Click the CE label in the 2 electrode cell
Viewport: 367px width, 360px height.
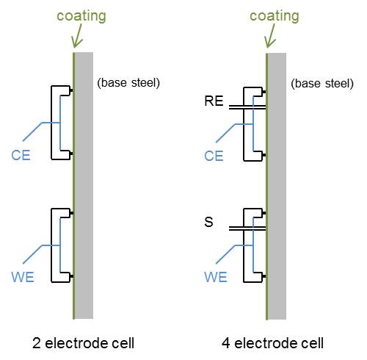(21, 155)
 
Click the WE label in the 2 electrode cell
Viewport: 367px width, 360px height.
(23, 277)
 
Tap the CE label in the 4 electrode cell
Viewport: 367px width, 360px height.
(214, 156)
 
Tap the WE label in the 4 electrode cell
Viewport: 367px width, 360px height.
(216, 277)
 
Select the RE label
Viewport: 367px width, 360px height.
(214, 101)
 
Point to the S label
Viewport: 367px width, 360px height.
(208, 222)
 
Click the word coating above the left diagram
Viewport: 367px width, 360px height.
(81, 16)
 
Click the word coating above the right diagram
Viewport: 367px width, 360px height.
(275, 16)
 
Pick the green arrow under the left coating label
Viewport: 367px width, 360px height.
(78, 36)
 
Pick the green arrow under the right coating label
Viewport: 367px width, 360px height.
(271, 36)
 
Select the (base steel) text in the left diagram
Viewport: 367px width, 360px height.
(128, 83)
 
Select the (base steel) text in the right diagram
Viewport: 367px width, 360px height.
(322, 84)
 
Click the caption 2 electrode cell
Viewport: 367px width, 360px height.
(83, 343)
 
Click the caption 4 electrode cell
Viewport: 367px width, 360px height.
(272, 343)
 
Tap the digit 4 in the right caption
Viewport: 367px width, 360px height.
(225, 343)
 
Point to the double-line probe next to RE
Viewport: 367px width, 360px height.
(247, 107)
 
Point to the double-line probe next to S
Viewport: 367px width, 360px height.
(247, 228)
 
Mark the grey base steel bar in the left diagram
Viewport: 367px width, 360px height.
(84, 185)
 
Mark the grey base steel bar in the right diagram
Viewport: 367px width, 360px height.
(277, 186)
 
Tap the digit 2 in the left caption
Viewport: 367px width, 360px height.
(36, 343)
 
